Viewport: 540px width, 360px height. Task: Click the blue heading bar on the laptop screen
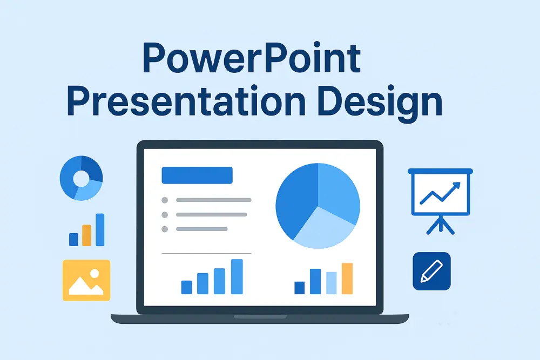[x=197, y=175]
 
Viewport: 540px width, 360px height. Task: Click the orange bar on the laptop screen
[x=347, y=279]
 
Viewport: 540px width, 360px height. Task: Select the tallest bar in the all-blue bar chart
[x=237, y=276]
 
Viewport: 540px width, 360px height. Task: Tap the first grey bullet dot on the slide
[x=165, y=200]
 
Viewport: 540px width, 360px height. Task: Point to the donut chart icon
[x=81, y=178]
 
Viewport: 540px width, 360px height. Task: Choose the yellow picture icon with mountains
[x=86, y=280]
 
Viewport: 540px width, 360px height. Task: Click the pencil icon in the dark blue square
[x=431, y=271]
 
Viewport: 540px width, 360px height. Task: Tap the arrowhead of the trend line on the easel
[x=457, y=185]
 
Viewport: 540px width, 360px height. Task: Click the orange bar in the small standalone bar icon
[x=87, y=235]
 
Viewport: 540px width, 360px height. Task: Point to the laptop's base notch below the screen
[x=260, y=316]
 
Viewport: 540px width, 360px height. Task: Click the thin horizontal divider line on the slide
[x=206, y=253]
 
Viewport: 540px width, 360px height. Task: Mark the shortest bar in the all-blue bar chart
[x=187, y=287]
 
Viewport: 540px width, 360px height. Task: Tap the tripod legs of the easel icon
[x=441, y=225]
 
